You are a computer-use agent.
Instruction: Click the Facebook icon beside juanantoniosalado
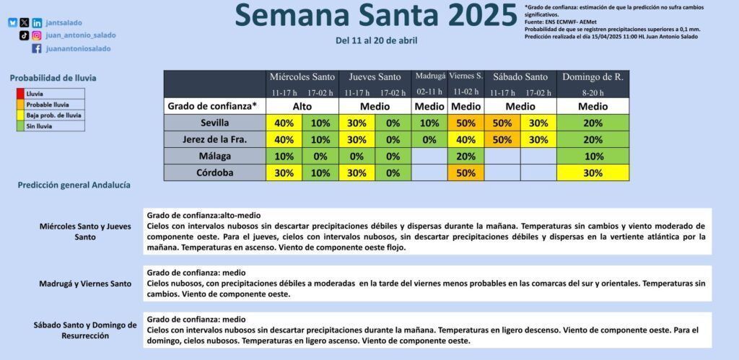tap(36, 48)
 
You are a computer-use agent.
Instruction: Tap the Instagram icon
tap(37, 35)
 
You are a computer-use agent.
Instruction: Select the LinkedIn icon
tap(37, 22)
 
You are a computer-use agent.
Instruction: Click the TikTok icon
tap(24, 35)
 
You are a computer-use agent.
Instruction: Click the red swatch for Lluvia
tap(20, 94)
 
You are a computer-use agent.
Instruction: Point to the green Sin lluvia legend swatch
tap(20, 126)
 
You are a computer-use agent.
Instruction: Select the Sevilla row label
tap(214, 123)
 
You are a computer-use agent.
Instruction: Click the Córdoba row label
tap(214, 173)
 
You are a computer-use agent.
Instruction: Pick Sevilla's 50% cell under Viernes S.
tap(465, 123)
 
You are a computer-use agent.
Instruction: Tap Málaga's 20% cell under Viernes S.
tap(465, 157)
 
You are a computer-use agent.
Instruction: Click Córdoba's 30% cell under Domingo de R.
tap(593, 173)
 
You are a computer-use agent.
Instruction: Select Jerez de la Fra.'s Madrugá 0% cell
tap(429, 140)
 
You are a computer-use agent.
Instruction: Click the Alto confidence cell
tap(302, 107)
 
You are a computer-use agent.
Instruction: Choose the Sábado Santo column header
tap(520, 76)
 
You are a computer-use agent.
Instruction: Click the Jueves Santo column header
tap(375, 76)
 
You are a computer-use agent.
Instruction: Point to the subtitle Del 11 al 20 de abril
tap(376, 40)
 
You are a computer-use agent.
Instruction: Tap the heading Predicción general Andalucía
tap(74, 185)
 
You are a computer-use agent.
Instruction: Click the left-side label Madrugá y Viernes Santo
tap(85, 284)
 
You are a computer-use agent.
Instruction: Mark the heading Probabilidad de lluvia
tap(53, 78)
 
